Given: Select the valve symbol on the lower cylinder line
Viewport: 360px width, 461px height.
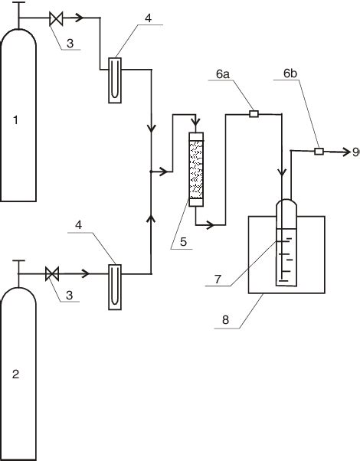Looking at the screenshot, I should [x=53, y=273].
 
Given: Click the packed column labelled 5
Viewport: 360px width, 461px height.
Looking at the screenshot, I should [x=197, y=171].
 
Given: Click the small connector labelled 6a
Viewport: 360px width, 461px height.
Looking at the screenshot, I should [x=254, y=115].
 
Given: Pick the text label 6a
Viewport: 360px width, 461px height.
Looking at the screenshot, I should [x=222, y=74].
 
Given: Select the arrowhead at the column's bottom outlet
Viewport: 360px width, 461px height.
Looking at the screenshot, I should [x=210, y=224].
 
